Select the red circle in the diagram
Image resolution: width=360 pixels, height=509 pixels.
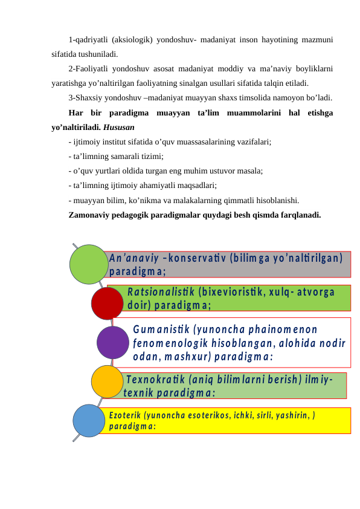point(108,303)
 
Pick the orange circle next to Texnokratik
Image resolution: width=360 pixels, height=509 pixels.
point(108,382)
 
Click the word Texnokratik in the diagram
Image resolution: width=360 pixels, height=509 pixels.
point(155,380)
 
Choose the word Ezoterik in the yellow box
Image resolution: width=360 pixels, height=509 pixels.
point(124,416)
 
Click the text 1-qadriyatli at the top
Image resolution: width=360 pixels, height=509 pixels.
point(88,41)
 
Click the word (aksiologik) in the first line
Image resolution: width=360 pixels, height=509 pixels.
point(132,41)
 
